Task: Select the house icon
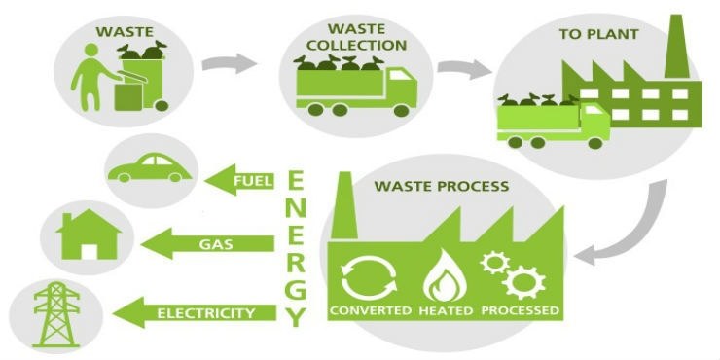(90, 236)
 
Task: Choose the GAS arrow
(212, 246)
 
